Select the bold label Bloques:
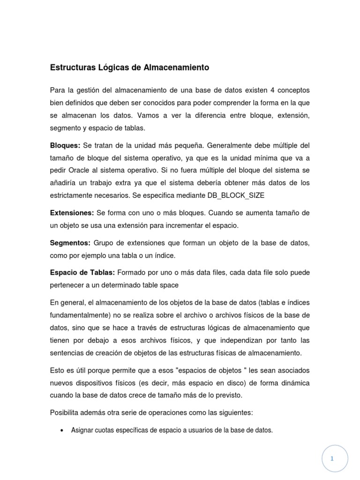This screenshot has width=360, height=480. tap(65, 145)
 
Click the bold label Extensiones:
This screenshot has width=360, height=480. tap(72, 213)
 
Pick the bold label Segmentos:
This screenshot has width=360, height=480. tap(70, 243)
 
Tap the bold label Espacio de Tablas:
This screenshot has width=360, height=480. tap(82, 273)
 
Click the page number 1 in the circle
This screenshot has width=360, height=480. tap(332, 459)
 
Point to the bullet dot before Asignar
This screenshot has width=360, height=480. tap(62, 430)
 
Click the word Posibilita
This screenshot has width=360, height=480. tap(66, 412)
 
